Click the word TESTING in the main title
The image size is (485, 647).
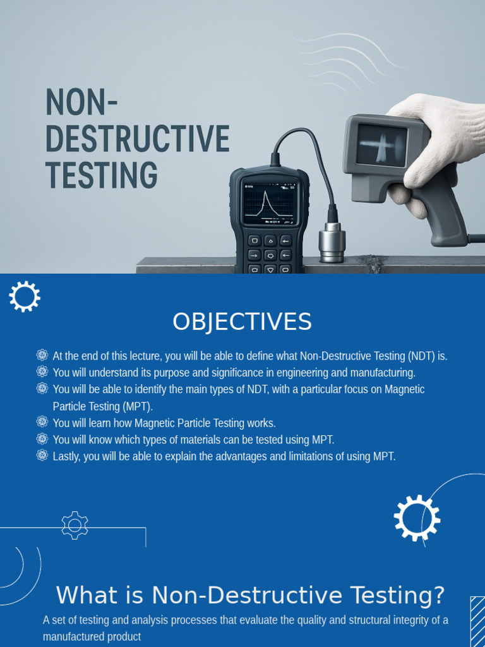tap(102, 175)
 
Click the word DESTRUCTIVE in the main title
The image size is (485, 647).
tap(138, 139)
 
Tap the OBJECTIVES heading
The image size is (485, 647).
tap(242, 322)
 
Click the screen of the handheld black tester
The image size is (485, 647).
tap(270, 202)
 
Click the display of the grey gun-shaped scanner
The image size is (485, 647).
tap(381, 145)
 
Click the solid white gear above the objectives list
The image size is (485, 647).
tap(25, 296)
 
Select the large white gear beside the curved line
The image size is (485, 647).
tap(417, 518)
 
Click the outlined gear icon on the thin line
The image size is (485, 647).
tap(75, 525)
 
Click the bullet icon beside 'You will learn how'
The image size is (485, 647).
tap(42, 422)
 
